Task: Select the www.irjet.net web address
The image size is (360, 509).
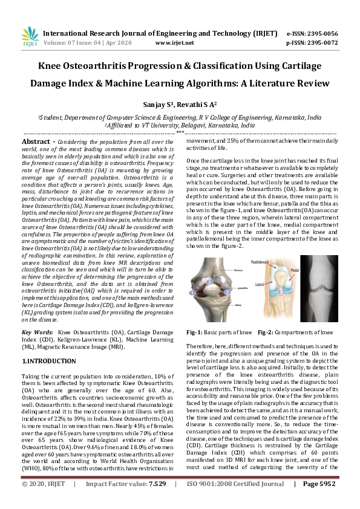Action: [175, 44]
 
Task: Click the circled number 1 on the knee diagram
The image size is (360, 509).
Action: [193, 293]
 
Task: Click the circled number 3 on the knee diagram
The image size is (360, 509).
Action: [210, 282]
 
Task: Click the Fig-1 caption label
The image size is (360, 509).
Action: [194, 332]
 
